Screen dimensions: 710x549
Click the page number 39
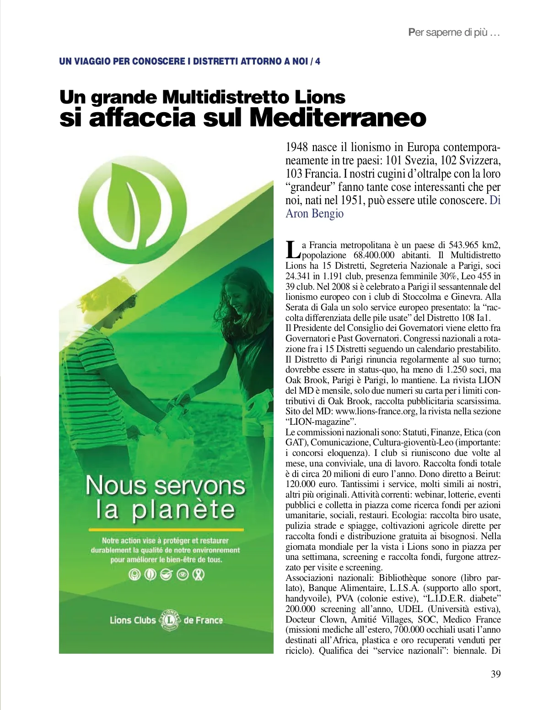pyautogui.click(x=495, y=674)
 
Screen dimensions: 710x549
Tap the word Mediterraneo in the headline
pyautogui.click(x=338, y=118)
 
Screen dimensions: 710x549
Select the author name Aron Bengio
pyautogui.click(x=314, y=213)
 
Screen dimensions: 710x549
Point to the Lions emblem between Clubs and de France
pyautogui.click(x=170, y=620)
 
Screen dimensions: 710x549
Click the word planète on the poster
pyautogui.click(x=184, y=510)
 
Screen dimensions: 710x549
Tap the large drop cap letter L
pyautogui.click(x=292, y=249)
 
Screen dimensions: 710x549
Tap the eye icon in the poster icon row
pyautogui.click(x=183, y=575)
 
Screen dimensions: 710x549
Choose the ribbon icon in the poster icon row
pyautogui.click(x=199, y=575)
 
